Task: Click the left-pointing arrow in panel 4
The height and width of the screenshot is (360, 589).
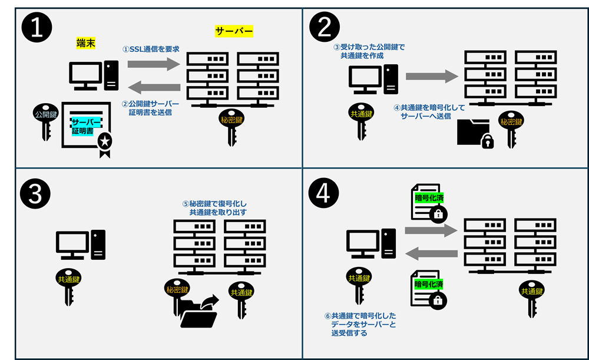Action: point(431,254)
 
